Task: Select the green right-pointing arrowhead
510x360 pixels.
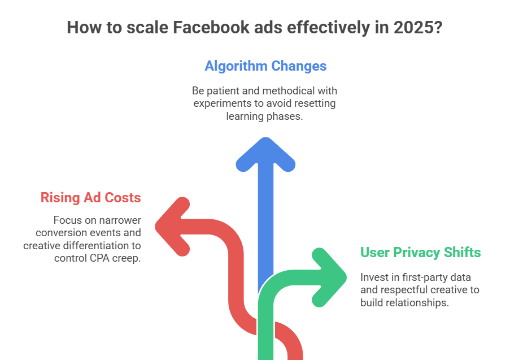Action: pyautogui.click(x=329, y=276)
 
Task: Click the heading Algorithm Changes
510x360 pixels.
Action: pyautogui.click(x=265, y=66)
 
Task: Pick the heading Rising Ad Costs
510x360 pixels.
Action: pyautogui.click(x=90, y=198)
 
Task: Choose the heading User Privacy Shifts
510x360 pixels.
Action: pyautogui.click(x=420, y=252)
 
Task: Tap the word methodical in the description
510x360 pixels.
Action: pyautogui.click(x=291, y=90)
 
